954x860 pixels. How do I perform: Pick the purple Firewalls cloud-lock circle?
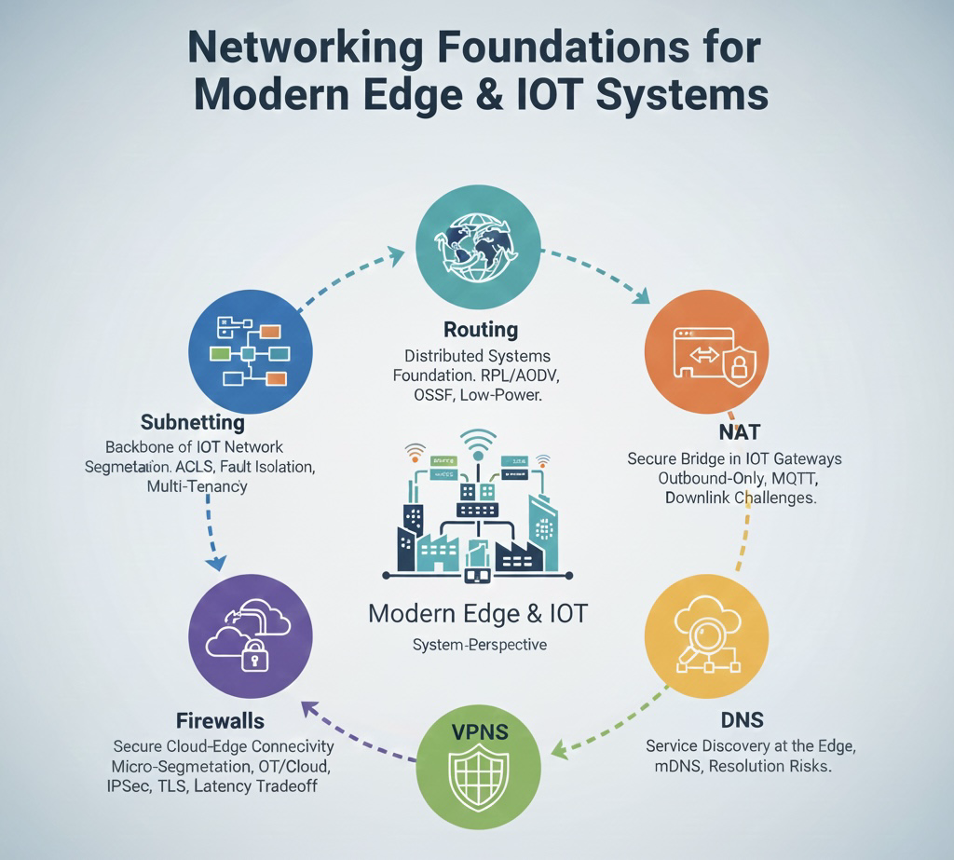(x=250, y=635)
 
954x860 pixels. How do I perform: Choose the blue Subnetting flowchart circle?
(x=250, y=352)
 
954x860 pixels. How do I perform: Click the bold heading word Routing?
(x=481, y=329)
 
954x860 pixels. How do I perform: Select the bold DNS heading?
(x=743, y=719)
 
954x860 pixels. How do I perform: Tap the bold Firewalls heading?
(x=220, y=720)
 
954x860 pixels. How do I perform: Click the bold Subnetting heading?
(x=193, y=421)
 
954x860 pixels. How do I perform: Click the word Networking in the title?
(x=331, y=49)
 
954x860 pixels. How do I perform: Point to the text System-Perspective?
(x=479, y=645)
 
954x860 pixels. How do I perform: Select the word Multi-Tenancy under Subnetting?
(x=197, y=486)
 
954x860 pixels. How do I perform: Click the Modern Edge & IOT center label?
(x=479, y=614)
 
